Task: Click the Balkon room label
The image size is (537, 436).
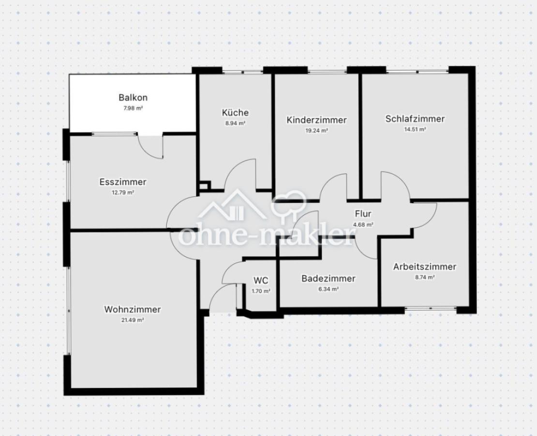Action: [133, 97]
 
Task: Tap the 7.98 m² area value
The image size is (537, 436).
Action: [133, 108]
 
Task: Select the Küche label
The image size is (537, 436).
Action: [235, 112]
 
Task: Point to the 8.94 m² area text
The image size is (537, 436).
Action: [235, 123]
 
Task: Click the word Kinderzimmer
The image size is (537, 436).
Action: [316, 120]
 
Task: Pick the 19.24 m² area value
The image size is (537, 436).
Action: [316, 131]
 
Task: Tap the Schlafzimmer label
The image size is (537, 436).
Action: [415, 119]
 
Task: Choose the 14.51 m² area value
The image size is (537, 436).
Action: [415, 129]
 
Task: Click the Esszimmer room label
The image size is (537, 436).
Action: [123, 182]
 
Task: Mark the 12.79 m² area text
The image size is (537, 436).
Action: [123, 192]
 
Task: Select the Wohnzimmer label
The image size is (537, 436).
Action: [132, 310]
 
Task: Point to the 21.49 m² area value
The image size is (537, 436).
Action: [132, 320]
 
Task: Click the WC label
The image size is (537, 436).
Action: [261, 280]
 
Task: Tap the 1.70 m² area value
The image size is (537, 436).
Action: [261, 291]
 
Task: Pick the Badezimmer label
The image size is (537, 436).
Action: [328, 278]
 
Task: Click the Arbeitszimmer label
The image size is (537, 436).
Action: [425, 266]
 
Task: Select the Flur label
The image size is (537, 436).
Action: [363, 214]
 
